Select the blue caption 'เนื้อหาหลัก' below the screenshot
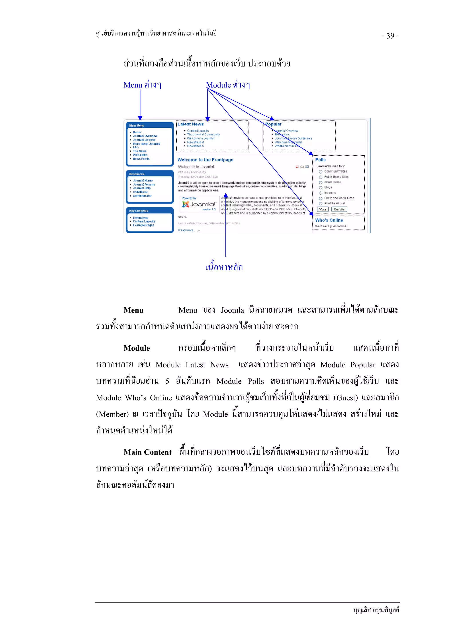(224, 267)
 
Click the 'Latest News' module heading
(190, 124)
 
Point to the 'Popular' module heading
(273, 124)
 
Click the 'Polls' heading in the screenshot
(320, 160)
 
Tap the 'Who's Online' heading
(329, 220)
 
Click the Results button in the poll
(339, 209)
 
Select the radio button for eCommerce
(321, 182)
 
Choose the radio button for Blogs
(321, 188)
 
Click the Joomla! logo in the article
(199, 204)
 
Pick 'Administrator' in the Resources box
(142, 196)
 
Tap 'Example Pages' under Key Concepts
(143, 225)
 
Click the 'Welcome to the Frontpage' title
(205, 160)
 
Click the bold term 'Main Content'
(147, 452)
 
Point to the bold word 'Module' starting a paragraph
(137, 348)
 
